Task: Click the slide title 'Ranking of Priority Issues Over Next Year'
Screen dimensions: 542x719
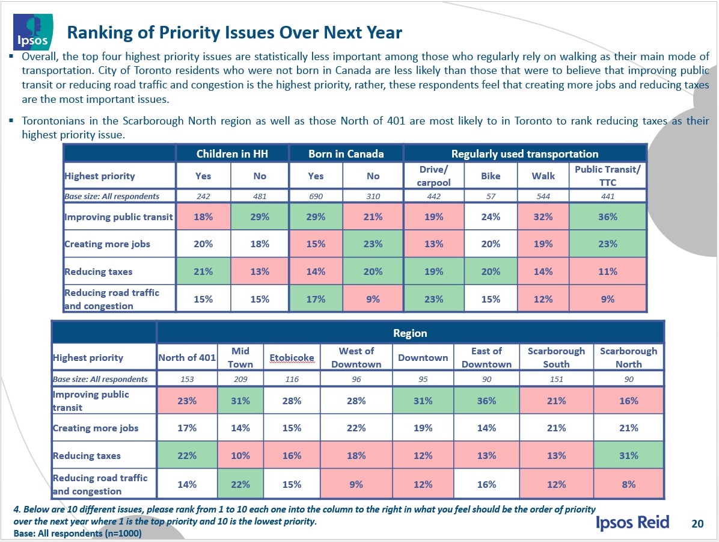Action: (x=234, y=32)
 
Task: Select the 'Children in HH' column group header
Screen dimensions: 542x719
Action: (x=232, y=154)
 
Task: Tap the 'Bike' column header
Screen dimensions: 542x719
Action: (x=491, y=176)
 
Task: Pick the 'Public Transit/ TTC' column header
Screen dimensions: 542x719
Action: (x=607, y=176)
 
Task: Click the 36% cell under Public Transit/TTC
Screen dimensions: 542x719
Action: (x=607, y=217)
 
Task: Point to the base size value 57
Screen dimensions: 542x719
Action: (x=491, y=196)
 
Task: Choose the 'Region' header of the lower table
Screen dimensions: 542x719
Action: (x=410, y=333)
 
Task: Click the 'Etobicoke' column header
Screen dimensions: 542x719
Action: (x=292, y=358)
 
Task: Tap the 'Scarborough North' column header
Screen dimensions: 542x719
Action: (x=628, y=357)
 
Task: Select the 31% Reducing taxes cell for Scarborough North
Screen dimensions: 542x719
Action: (x=628, y=455)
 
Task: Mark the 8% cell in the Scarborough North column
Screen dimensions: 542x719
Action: (x=628, y=484)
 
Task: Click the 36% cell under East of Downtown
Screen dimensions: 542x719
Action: (x=486, y=401)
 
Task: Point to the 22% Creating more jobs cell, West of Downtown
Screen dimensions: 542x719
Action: (x=356, y=428)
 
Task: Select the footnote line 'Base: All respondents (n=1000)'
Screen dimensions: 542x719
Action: (x=78, y=534)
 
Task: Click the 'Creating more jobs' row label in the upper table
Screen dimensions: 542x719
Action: (x=107, y=244)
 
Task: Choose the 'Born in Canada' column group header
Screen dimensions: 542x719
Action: (x=346, y=154)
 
